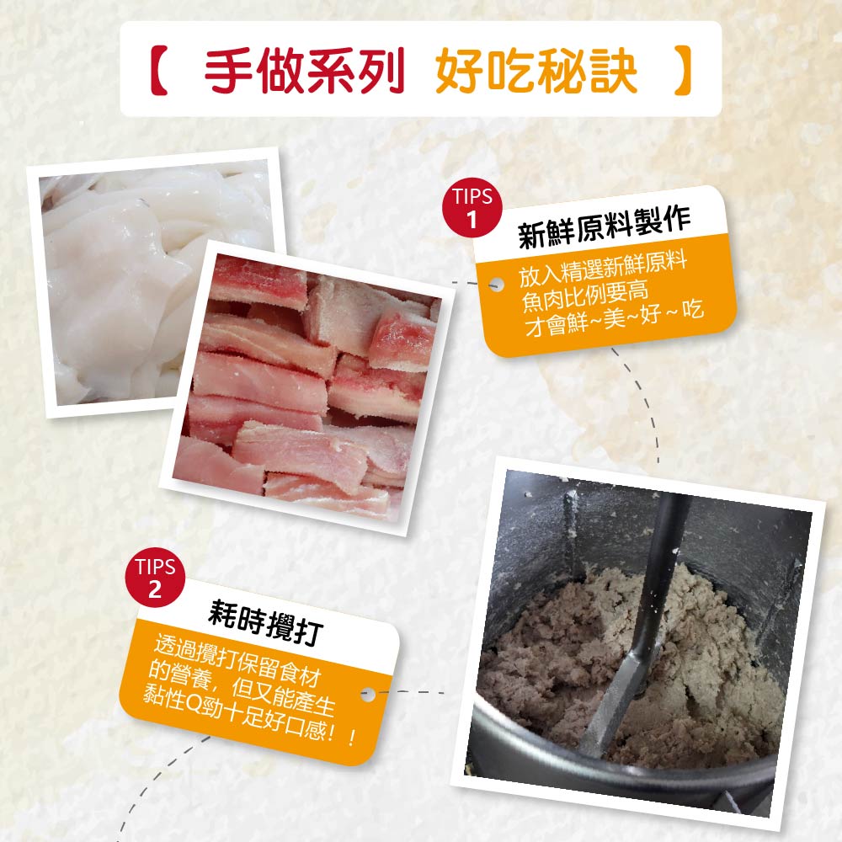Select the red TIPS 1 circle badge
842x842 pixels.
[472, 208]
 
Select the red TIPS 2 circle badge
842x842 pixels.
[155, 578]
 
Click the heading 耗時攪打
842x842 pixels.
[265, 622]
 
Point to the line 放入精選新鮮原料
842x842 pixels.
[603, 270]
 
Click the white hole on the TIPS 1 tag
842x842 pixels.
[497, 284]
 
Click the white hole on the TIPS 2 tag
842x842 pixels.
[368, 694]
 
